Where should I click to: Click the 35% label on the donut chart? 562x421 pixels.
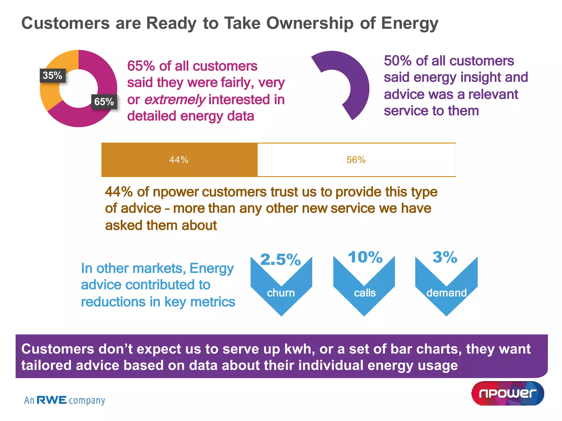pyautogui.click(x=52, y=75)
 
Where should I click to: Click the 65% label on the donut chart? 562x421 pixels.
pyautogui.click(x=104, y=102)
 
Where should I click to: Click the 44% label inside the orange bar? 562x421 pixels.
pyautogui.click(x=179, y=160)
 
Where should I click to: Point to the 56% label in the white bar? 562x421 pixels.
pyautogui.click(x=356, y=160)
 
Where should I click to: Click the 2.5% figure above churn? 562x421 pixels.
pyautogui.click(x=280, y=259)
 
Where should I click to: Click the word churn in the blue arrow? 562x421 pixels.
pyautogui.click(x=281, y=293)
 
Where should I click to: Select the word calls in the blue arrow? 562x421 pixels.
pyautogui.click(x=365, y=293)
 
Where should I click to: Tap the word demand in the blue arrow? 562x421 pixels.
pyautogui.click(x=446, y=293)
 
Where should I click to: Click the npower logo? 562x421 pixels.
pyautogui.click(x=508, y=393)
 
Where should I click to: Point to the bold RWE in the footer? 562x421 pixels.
pyautogui.click(x=52, y=400)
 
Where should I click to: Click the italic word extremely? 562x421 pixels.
pyautogui.click(x=175, y=99)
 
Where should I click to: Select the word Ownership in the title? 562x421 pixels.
pyautogui.click(x=310, y=23)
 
